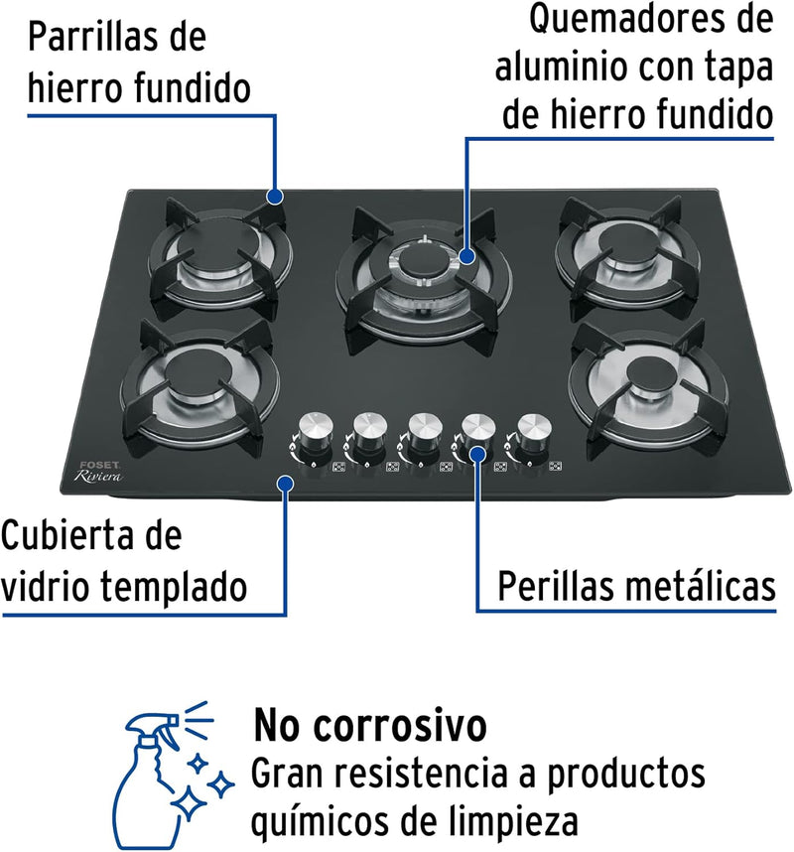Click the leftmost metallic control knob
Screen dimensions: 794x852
click(x=315, y=434)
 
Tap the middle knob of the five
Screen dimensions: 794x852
click(x=424, y=434)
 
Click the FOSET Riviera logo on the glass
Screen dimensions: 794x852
click(x=98, y=473)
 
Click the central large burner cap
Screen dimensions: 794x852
click(x=419, y=261)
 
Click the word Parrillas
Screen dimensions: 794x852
click(x=91, y=37)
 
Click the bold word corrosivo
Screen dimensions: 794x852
click(x=400, y=726)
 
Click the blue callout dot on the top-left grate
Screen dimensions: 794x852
click(x=275, y=196)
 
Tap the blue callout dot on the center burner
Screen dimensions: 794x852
click(x=465, y=255)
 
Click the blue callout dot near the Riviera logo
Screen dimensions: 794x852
click(x=286, y=483)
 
